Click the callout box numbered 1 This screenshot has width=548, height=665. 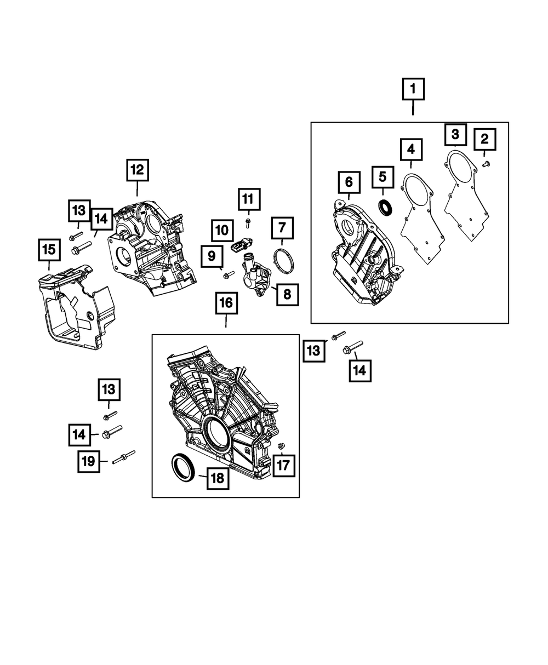(413, 89)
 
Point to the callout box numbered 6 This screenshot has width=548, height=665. (349, 180)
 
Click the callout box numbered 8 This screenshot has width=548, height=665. (287, 295)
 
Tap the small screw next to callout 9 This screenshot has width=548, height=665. (229, 273)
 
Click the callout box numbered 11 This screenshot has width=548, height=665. (248, 199)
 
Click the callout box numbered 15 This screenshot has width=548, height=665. (49, 250)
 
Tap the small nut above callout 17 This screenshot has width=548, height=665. (281, 445)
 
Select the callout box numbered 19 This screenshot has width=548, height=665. (88, 462)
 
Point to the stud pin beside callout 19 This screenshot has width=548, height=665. (124, 457)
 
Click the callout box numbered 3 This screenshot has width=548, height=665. (455, 134)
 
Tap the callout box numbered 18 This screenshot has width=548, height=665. (218, 478)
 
